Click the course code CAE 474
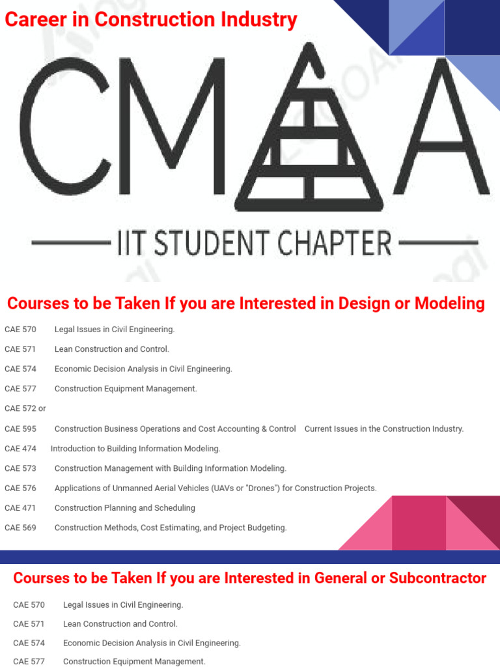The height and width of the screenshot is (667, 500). tap(20, 449)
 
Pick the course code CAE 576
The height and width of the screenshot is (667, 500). tap(20, 489)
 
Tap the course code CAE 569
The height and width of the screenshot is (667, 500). tap(20, 528)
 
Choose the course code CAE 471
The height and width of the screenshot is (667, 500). tap(20, 508)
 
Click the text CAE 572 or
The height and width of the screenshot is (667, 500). tap(25, 408)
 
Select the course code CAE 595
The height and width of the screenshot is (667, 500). tap(20, 429)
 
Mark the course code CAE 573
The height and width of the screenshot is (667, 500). tap(20, 468)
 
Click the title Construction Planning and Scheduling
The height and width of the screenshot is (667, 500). tap(124, 508)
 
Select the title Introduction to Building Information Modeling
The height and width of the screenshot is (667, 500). tap(135, 449)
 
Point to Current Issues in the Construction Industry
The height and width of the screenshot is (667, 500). tap(384, 429)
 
